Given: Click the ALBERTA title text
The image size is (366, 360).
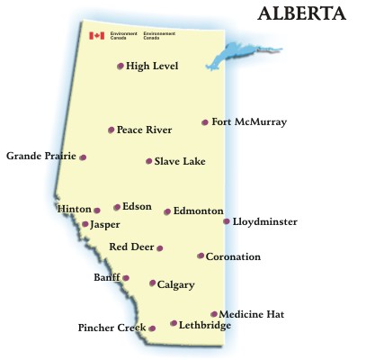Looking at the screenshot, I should point(302,14).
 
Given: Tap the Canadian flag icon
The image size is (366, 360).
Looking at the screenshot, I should point(96,36).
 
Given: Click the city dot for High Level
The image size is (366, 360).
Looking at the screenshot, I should point(121,66).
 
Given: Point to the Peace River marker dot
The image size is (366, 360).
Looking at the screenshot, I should point(111,130).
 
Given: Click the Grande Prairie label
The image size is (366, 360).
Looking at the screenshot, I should point(40,157).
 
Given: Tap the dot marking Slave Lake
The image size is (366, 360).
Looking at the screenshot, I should point(148,162).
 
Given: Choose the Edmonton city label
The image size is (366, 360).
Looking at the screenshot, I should point(199,211).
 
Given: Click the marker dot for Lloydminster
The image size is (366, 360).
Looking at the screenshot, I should point(227,220).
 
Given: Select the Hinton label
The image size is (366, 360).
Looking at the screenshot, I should point(75,209).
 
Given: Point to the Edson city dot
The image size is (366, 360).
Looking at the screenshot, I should point(117,207).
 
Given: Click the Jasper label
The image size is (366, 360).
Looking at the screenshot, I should point(105,224).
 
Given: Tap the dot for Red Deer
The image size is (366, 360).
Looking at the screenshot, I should point(160,248).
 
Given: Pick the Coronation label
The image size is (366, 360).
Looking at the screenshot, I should point(233,257).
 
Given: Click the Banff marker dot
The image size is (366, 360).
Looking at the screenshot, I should point(126,278).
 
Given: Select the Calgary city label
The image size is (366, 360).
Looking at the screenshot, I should point(176,285).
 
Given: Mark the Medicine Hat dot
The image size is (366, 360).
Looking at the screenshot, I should point(214,314).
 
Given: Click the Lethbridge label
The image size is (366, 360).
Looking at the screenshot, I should point(204,325).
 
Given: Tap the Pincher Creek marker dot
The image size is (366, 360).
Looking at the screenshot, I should point(152,328).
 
